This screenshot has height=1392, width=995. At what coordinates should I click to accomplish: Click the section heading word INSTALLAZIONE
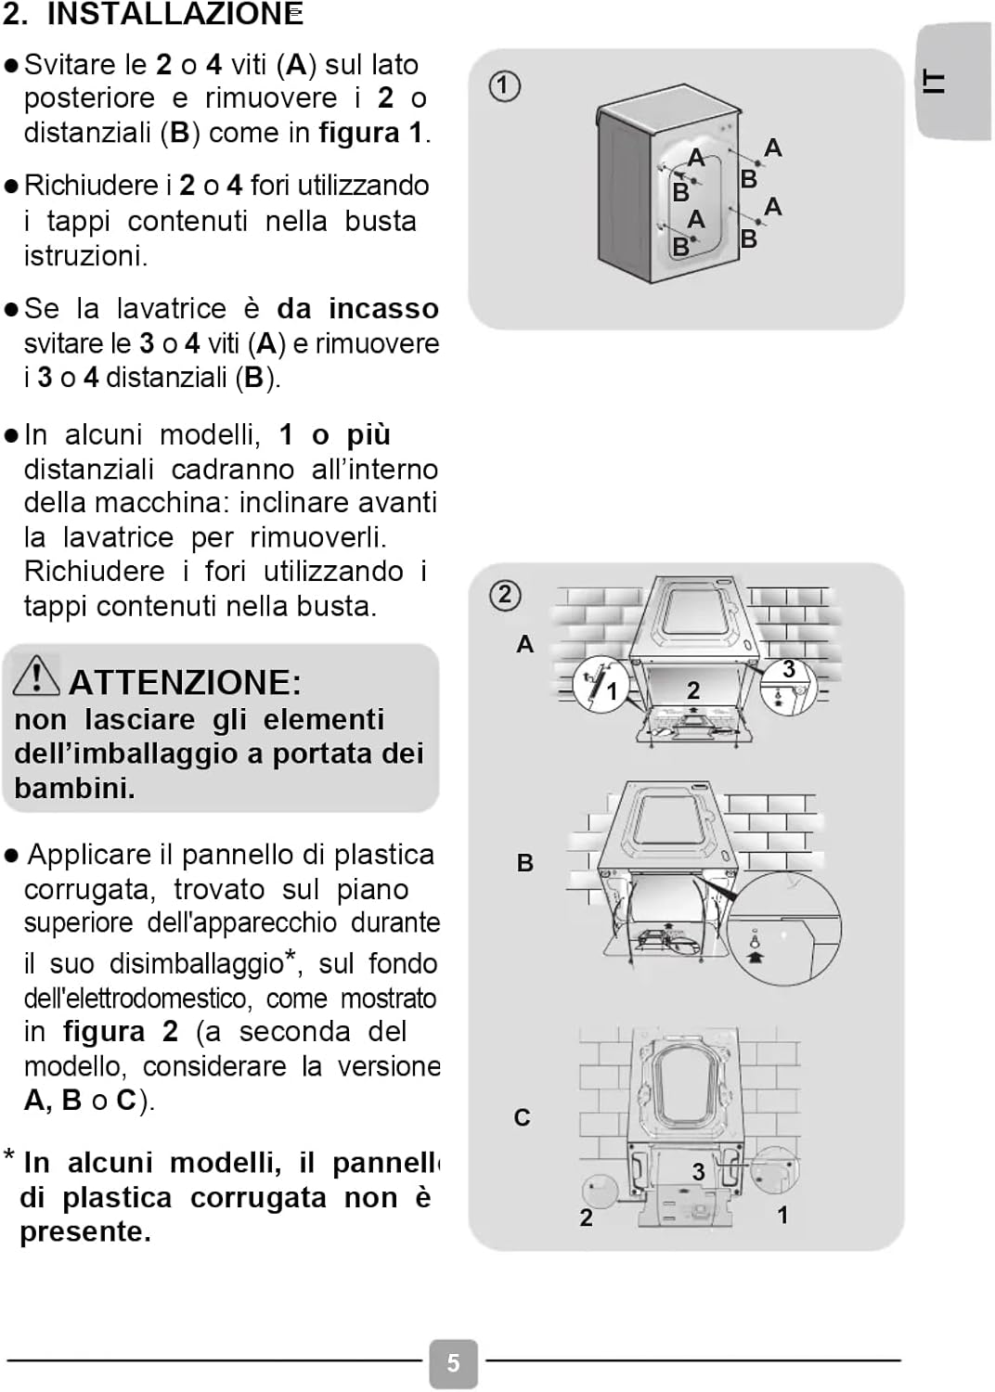(174, 14)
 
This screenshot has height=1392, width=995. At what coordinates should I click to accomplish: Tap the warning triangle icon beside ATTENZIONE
(35, 675)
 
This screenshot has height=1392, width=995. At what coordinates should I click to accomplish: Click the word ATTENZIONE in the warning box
(185, 682)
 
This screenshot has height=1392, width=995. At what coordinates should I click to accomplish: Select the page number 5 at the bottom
(453, 1362)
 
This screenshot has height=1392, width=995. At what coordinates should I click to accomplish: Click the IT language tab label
(935, 82)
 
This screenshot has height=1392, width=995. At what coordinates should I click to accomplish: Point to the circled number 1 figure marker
(504, 86)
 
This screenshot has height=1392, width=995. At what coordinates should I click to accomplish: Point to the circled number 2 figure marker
(504, 594)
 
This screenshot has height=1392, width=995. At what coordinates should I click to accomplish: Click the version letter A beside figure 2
(525, 644)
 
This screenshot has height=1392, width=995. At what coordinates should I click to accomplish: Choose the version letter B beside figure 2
(525, 863)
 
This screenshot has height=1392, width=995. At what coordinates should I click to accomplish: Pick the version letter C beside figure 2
(523, 1117)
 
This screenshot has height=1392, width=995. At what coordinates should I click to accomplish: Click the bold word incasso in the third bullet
(383, 308)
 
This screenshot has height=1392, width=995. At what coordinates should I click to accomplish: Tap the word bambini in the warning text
(73, 788)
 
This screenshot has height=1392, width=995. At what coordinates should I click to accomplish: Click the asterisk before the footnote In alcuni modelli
(9, 1156)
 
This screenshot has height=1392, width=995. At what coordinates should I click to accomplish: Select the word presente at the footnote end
(84, 1231)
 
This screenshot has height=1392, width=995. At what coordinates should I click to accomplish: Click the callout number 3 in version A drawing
(788, 669)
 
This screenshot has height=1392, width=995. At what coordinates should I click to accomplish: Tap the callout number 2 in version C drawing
(586, 1218)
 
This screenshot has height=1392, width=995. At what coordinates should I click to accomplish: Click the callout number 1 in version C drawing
(782, 1215)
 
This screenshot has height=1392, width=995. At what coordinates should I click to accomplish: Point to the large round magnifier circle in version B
(783, 928)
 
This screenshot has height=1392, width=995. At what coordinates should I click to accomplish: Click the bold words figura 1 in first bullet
(370, 133)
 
